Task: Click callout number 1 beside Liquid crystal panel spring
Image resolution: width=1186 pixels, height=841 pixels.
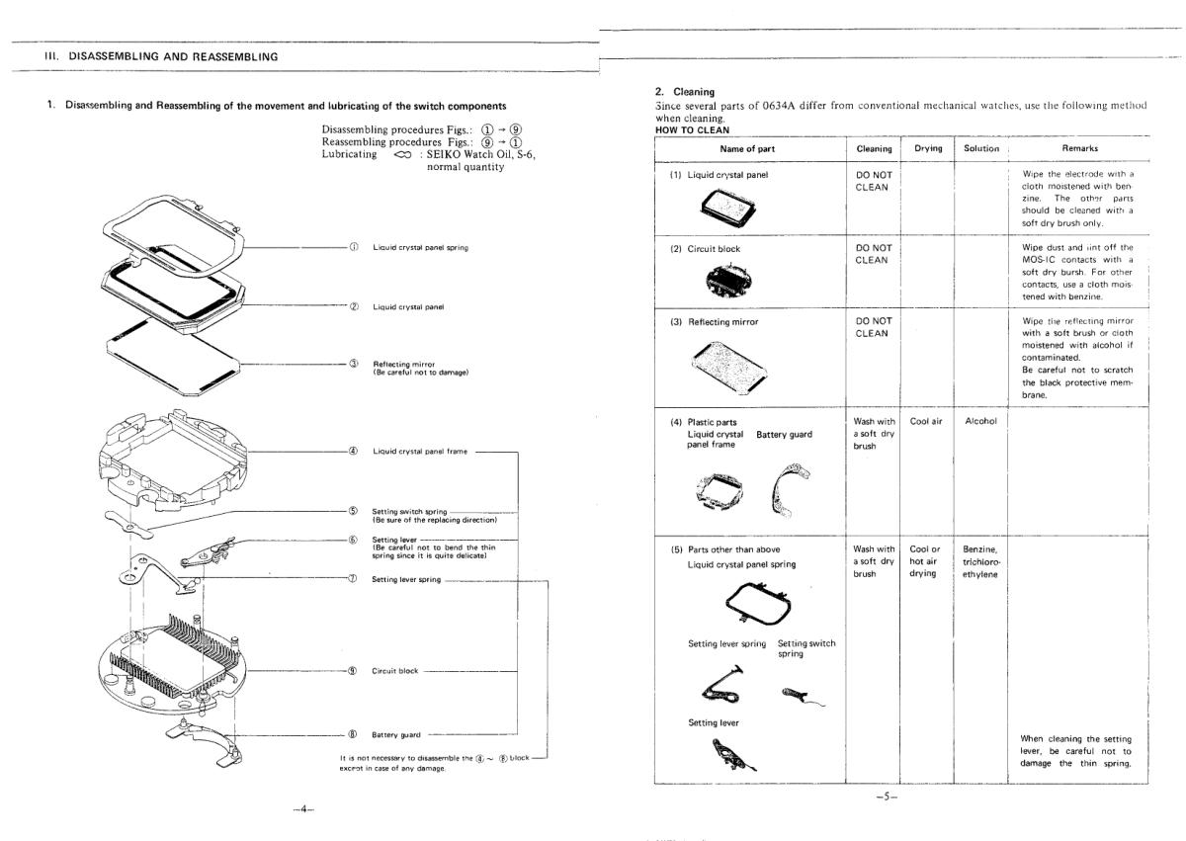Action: click(x=353, y=247)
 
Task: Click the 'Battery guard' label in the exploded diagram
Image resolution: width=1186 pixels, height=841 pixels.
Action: click(x=395, y=734)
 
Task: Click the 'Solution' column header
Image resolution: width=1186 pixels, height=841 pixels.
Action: click(x=981, y=148)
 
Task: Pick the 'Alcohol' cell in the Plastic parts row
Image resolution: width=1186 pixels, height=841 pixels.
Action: click(x=981, y=421)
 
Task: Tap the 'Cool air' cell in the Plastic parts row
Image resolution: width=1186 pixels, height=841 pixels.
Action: click(x=927, y=421)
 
